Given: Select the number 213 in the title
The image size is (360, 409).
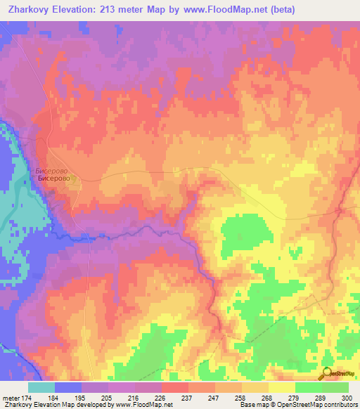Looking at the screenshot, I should (127, 9).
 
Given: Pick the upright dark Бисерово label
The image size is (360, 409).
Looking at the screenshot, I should (54, 180).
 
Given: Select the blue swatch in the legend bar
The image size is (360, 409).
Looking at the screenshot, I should (67, 387).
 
